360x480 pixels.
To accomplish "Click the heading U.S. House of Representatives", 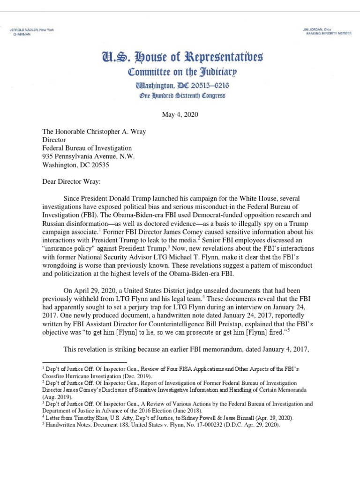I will point(180,59).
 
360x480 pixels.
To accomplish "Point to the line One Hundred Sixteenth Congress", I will point(180,96).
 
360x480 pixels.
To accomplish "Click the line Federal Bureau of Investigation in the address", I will point(87,148).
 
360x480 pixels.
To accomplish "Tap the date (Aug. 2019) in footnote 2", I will point(56,395).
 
